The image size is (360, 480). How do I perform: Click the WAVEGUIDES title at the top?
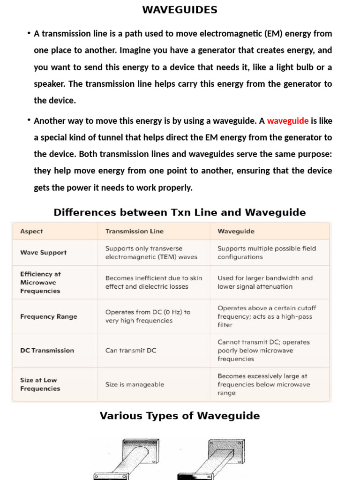[x=180, y=10]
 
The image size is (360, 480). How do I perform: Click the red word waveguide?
[x=287, y=121]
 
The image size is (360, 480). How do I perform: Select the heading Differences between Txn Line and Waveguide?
[x=180, y=212]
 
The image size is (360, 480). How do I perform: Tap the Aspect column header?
[x=31, y=231]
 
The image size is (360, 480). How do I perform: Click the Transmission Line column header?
[x=135, y=231]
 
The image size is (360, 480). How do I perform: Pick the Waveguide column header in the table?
[x=236, y=231]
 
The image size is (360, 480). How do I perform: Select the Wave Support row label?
[x=43, y=252]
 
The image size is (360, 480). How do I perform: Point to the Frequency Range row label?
[x=48, y=316]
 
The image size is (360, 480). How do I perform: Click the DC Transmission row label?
[x=47, y=350]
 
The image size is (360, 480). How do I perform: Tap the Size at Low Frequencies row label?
[x=40, y=384]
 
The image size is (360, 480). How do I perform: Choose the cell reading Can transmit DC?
[x=131, y=350]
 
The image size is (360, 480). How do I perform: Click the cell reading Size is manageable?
[x=135, y=384]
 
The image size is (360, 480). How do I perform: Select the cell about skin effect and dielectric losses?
[x=153, y=282]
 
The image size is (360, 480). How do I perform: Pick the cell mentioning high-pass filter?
[x=267, y=316]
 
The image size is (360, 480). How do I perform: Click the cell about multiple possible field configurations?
[x=267, y=253]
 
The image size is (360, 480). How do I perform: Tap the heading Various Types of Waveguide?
[x=180, y=416]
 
